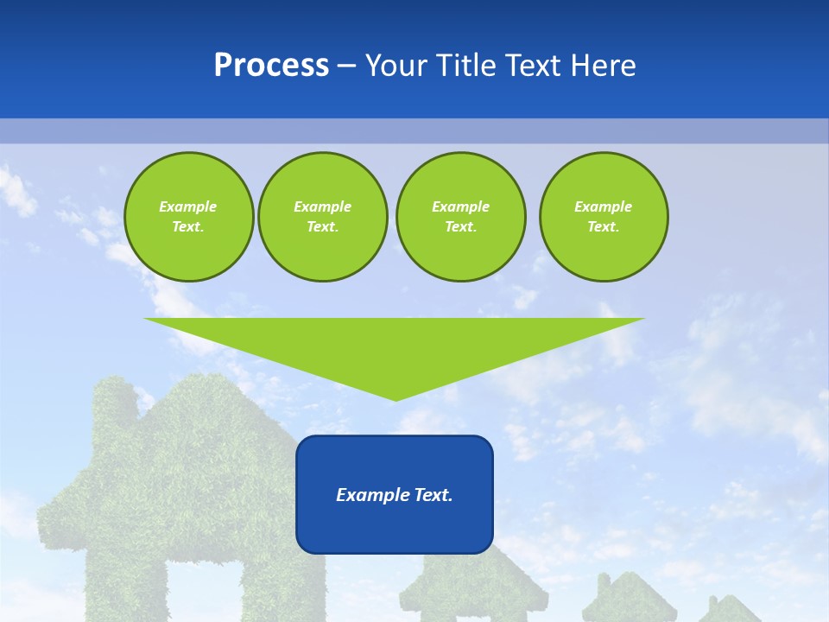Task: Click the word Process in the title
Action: click(x=271, y=66)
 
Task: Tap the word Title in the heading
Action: click(x=471, y=66)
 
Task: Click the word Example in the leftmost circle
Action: click(x=187, y=206)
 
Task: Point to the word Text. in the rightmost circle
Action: click(x=603, y=226)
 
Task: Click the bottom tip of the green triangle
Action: click(x=395, y=399)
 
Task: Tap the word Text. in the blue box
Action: click(x=433, y=495)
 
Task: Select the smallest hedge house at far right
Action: click(x=729, y=609)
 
